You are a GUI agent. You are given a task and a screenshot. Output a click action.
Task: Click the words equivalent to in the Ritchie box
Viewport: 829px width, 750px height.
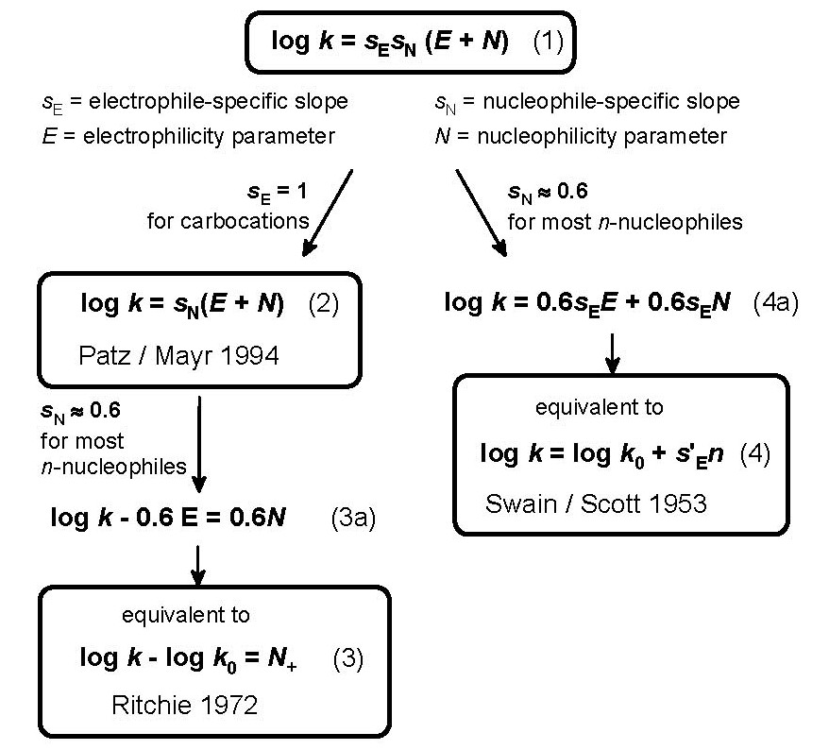pyautogui.click(x=186, y=615)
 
